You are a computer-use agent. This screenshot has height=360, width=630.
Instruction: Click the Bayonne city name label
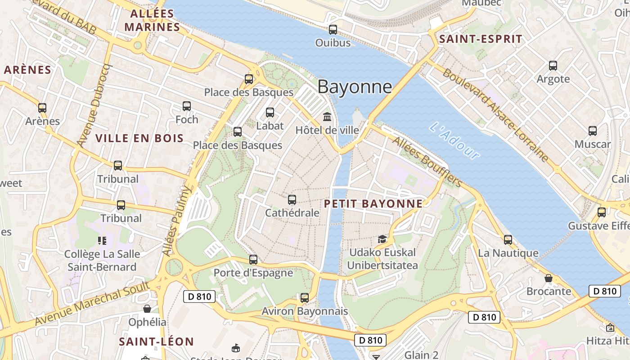pyautogui.click(x=355, y=86)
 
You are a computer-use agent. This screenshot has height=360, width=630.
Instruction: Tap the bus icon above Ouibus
pyautogui.click(x=333, y=30)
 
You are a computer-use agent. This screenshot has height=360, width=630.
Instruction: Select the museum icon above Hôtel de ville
pyautogui.click(x=327, y=117)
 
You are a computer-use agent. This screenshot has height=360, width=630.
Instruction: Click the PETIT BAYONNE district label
pyautogui.click(x=373, y=203)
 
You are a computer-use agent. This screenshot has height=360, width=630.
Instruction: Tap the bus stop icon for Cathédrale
pyautogui.click(x=292, y=199)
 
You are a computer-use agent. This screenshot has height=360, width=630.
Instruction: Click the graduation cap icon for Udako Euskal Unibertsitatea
pyautogui.click(x=382, y=239)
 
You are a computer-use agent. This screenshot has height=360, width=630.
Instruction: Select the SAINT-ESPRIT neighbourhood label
pyautogui.click(x=481, y=39)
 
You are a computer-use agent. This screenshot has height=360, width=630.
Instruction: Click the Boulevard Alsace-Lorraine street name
pyautogui.click(x=495, y=115)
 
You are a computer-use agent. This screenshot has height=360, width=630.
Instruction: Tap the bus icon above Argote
pyautogui.click(x=553, y=66)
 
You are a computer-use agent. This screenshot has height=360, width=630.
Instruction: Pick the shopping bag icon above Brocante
pyautogui.click(x=548, y=278)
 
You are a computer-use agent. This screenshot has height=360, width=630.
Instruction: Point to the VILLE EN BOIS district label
pyautogui.click(x=140, y=138)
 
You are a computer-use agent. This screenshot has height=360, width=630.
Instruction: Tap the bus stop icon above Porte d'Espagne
pyautogui.click(x=253, y=260)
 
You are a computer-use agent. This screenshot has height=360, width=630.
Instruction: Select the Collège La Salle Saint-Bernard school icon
pyautogui.click(x=102, y=241)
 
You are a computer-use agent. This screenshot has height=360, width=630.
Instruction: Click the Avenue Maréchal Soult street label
pyautogui.click(x=92, y=304)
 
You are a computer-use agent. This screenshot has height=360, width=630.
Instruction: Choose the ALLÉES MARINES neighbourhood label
pyautogui.click(x=152, y=20)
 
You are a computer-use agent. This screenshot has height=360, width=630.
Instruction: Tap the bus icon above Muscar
pyautogui.click(x=593, y=131)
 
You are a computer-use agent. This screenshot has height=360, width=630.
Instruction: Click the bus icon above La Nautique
pyautogui.click(x=508, y=239)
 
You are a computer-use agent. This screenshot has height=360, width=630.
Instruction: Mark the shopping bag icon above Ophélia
pyautogui.click(x=147, y=309)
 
